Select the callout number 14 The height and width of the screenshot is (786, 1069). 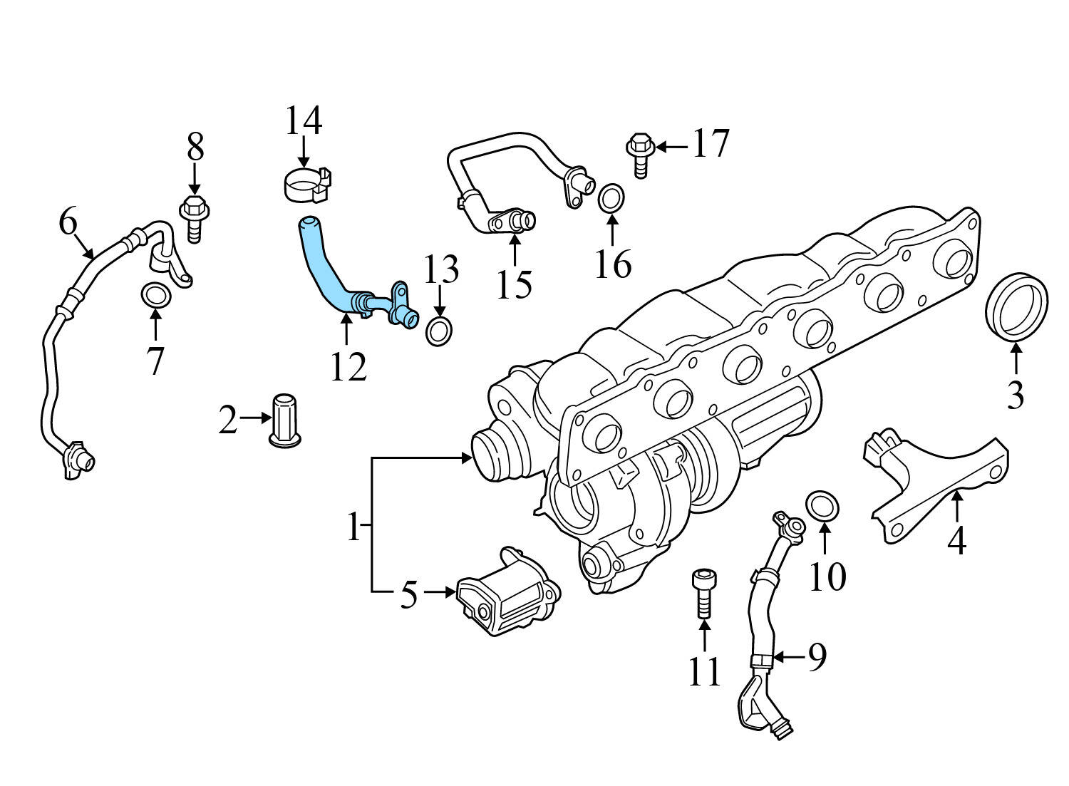point(304,121)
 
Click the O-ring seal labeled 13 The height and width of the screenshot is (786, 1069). point(440,332)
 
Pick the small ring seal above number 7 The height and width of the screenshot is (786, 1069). point(155,293)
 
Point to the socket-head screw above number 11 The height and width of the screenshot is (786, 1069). point(703,591)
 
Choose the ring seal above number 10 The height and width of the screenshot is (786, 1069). point(822,506)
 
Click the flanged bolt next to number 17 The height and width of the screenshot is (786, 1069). point(639,152)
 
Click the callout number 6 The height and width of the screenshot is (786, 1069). point(68,222)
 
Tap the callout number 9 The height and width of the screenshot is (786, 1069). point(815,656)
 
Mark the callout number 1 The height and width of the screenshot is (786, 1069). point(353,528)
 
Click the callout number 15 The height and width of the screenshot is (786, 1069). point(515,284)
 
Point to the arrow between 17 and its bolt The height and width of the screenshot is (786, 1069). point(671,147)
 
